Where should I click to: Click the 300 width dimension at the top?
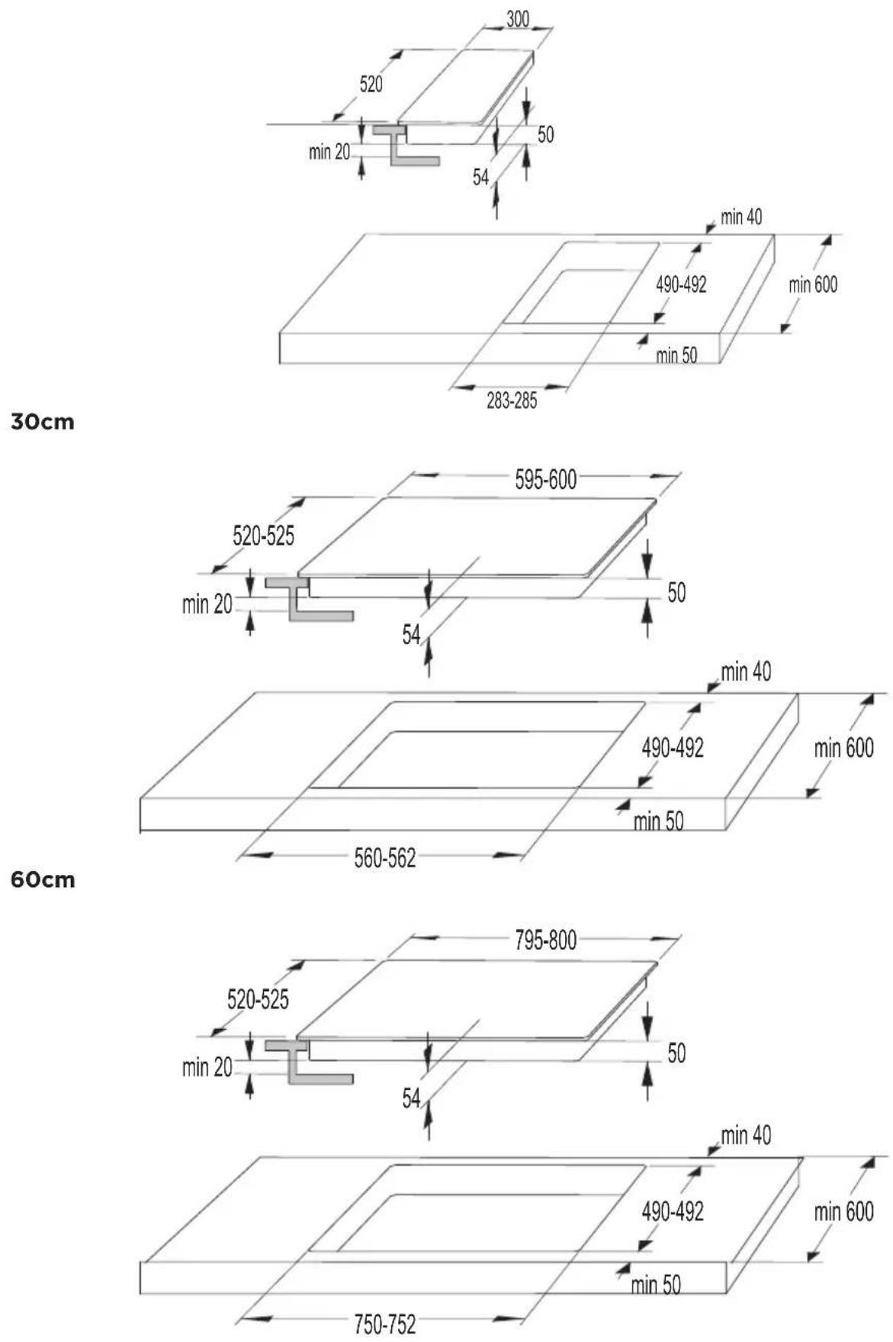(518, 20)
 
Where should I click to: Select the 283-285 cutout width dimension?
(512, 401)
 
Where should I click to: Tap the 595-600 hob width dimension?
(545, 480)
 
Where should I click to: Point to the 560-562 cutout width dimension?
(385, 859)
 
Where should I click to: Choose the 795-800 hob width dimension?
(545, 941)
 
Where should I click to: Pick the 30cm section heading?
(43, 422)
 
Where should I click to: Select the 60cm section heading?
(43, 880)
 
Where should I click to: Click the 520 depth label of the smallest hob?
(371, 84)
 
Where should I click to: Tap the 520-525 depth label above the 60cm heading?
(263, 536)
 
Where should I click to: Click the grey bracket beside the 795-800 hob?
(308, 1060)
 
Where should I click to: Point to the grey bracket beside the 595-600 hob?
(308, 599)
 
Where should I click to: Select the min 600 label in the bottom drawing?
(843, 1212)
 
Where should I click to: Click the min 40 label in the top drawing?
(741, 217)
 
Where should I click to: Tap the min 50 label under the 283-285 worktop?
(676, 356)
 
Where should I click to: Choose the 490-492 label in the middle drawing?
(673, 748)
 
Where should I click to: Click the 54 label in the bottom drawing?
(411, 1098)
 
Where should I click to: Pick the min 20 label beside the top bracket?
(329, 152)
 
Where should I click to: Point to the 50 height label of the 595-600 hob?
(676, 593)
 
